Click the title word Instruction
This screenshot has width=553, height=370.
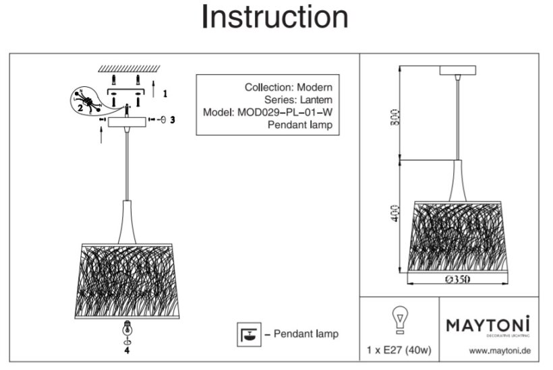tap(275, 18)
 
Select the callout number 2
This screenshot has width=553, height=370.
tap(80, 106)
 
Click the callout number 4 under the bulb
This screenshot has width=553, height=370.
tap(125, 350)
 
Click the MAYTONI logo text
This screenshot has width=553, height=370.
tap(488, 325)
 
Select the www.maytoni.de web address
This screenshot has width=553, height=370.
tap(500, 351)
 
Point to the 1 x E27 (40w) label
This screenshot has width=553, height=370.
tap(399, 351)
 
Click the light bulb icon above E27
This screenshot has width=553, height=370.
tap(399, 320)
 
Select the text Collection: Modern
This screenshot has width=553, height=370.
tap(288, 88)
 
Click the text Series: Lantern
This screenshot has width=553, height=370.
tap(301, 100)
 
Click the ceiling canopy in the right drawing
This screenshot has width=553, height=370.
tap(458, 70)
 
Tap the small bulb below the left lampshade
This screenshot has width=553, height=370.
tap(125, 330)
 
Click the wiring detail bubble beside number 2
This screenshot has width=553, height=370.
tap(84, 99)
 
